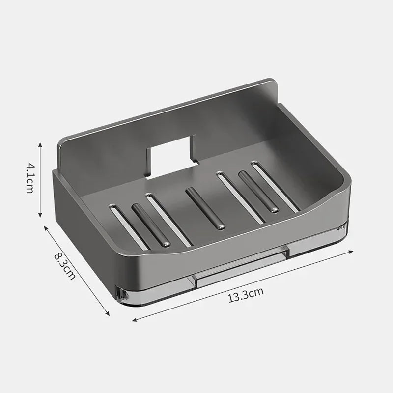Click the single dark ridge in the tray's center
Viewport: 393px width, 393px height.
[205, 208]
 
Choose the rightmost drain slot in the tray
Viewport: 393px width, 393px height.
[275, 186]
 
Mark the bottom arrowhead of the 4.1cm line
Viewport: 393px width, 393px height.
[40, 216]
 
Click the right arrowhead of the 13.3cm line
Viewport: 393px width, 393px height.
[352, 252]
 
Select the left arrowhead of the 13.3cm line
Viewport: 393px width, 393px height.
[134, 320]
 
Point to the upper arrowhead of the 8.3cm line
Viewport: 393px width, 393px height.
[46, 227]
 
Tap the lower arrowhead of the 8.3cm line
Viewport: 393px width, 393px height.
[108, 314]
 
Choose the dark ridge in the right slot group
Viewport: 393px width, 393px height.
[258, 192]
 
